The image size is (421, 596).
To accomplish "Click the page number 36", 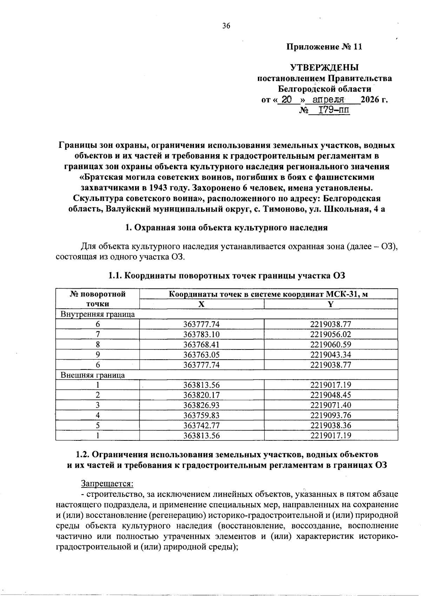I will coord(226,26).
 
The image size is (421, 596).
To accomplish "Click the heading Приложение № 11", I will coord(324,47).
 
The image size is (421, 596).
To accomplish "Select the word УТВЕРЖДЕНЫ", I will coord(324,67).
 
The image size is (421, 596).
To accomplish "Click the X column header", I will coord(201,304).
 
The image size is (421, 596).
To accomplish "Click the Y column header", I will coord(330,304).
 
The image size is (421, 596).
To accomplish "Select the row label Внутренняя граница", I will coord(98,314).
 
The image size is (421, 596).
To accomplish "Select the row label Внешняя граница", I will coord(93,375).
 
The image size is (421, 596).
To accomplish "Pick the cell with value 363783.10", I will coord(201,334).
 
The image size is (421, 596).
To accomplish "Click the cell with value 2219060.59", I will coord(330,345).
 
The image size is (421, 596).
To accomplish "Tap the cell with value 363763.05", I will coord(201,355).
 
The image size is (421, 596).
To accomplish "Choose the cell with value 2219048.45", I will coord(330,395).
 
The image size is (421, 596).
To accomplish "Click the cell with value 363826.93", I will coord(201,405).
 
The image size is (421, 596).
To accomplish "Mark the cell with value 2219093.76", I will coord(330,415).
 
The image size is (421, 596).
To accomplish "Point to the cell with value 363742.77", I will coord(201,426).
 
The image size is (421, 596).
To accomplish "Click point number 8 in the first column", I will coord(98,345).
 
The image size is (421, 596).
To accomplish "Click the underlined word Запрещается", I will coord(107,484).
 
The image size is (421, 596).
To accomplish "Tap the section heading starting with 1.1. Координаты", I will coord(227,276).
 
